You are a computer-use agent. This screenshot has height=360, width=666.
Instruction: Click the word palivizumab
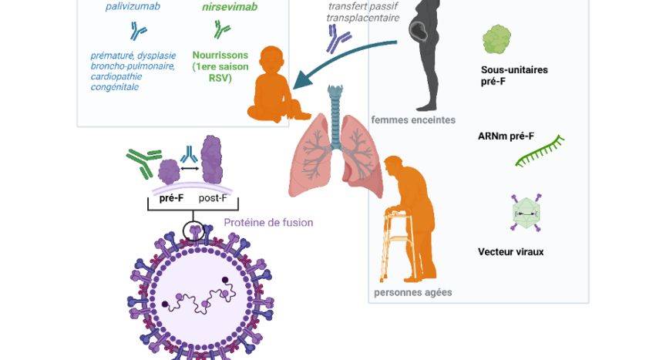[133, 7]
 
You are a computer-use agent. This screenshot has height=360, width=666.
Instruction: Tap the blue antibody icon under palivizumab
[139, 32]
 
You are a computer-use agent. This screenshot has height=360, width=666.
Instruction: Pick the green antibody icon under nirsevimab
[221, 30]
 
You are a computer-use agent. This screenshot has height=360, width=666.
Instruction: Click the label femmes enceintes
[412, 119]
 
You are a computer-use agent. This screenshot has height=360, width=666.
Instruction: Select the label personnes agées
[412, 292]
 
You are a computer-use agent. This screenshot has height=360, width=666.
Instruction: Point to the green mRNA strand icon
[540, 152]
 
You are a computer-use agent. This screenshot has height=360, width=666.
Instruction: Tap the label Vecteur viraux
[510, 251]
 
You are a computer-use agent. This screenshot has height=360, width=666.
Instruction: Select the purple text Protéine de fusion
[268, 223]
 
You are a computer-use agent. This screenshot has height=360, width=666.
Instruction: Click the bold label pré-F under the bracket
[170, 197]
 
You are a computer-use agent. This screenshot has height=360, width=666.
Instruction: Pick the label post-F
[213, 197]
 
